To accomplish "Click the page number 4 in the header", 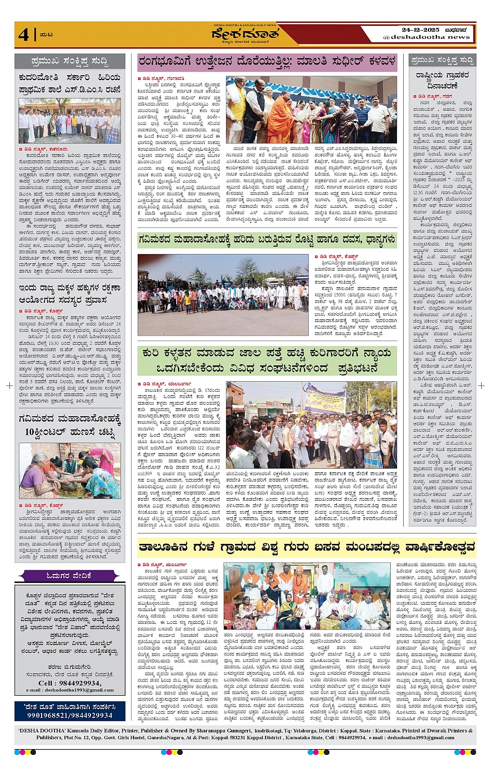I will tap(24, 34).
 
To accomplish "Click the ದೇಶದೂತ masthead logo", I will tap(245, 34).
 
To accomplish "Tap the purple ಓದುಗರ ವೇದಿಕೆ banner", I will tap(69, 576).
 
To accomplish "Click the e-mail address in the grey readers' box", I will tap(70, 690).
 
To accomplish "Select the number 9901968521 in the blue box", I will tap(48, 715).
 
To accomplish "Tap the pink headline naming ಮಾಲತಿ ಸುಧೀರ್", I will tap(267, 62).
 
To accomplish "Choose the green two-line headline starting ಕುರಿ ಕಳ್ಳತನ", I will tap(267, 361).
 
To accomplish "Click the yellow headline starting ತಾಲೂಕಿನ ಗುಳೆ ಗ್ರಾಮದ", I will tap(307, 547).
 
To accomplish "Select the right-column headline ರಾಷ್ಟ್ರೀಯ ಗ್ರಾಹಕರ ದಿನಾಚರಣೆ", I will tap(442, 81).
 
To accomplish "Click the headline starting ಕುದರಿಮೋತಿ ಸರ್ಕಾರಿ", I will tap(70, 84).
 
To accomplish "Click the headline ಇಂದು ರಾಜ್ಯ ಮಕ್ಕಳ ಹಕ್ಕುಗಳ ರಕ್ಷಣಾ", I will tap(70, 293).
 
